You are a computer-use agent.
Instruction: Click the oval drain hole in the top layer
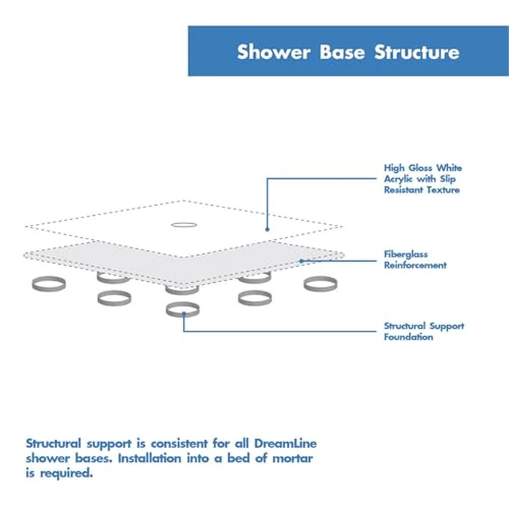(183, 224)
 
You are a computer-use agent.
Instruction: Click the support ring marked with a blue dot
(183, 310)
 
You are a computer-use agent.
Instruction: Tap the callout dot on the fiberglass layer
(301, 260)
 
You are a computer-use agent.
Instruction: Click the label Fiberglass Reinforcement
(415, 260)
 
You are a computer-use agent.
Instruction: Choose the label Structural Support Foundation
(423, 332)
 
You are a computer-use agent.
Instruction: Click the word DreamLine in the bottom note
(281, 443)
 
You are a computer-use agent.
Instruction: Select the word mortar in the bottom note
(294, 458)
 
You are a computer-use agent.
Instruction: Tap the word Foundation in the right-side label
(408, 337)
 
